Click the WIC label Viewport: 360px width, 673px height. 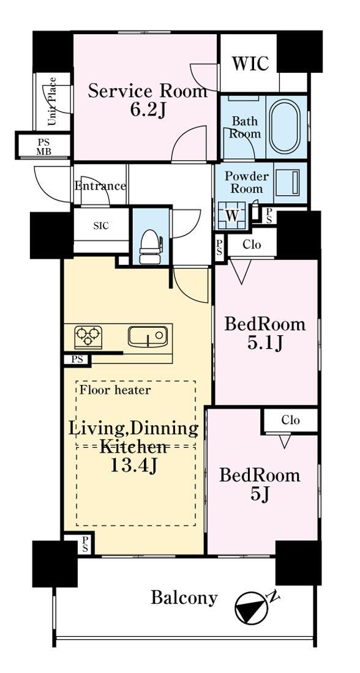(x=250, y=63)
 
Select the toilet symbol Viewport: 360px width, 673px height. (x=150, y=247)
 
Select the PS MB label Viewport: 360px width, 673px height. (x=43, y=146)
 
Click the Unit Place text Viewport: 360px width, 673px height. (x=52, y=102)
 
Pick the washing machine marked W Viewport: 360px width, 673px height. (x=232, y=215)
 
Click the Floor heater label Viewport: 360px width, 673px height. (x=115, y=390)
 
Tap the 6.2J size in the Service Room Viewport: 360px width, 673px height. (x=148, y=111)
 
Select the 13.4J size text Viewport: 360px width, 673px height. (x=133, y=465)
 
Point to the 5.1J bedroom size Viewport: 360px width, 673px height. (x=265, y=343)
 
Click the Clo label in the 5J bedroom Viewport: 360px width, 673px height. (x=290, y=420)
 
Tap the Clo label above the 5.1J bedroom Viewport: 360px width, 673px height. (x=252, y=245)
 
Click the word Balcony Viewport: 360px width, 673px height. (x=184, y=598)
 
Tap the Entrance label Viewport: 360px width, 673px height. (x=100, y=186)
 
